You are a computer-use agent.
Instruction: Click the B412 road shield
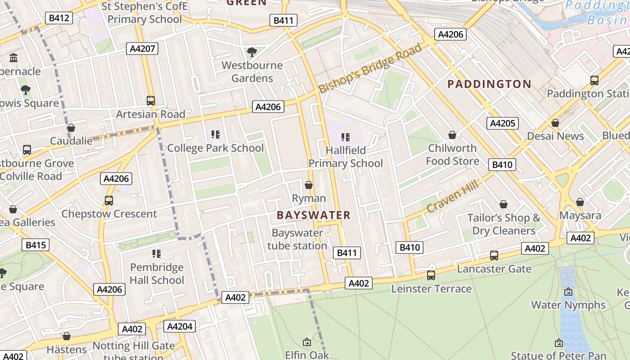tap(59, 18)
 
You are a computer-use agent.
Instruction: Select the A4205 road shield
tap(503, 123)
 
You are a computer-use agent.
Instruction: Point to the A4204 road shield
tap(180, 326)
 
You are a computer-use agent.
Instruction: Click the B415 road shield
tap(36, 245)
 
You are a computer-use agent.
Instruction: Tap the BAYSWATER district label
tap(313, 215)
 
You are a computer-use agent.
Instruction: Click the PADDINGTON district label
tap(490, 84)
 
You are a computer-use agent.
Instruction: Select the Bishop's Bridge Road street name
tap(370, 68)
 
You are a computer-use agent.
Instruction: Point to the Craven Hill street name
tap(452, 195)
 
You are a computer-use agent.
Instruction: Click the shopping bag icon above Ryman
tap(309, 185)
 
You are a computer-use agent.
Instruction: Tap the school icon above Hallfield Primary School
tap(345, 137)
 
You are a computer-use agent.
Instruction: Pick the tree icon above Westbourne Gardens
tap(252, 52)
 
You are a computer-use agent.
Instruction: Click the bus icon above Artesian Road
tap(151, 101)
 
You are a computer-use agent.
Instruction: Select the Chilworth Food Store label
tap(452, 154)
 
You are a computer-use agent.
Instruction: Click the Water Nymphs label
tap(568, 305)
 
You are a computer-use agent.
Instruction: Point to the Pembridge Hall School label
tap(157, 274)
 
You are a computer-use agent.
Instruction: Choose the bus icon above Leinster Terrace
tap(431, 275)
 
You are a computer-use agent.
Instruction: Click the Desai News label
tap(555, 136)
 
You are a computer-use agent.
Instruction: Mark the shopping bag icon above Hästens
tap(67, 336)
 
